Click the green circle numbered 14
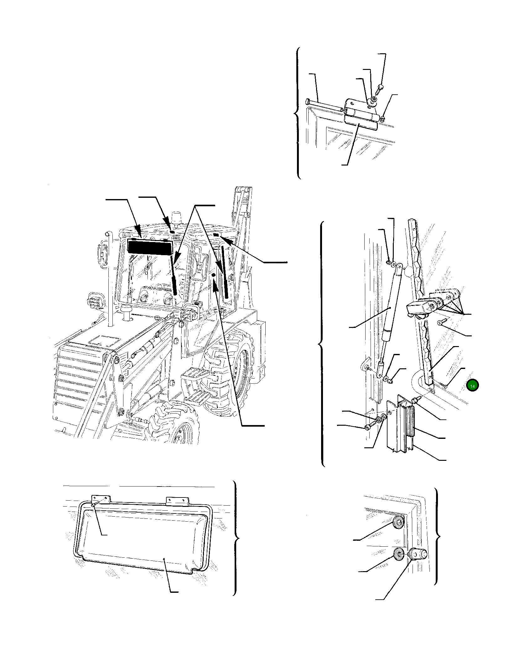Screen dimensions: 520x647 472,386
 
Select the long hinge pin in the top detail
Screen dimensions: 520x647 324,105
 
